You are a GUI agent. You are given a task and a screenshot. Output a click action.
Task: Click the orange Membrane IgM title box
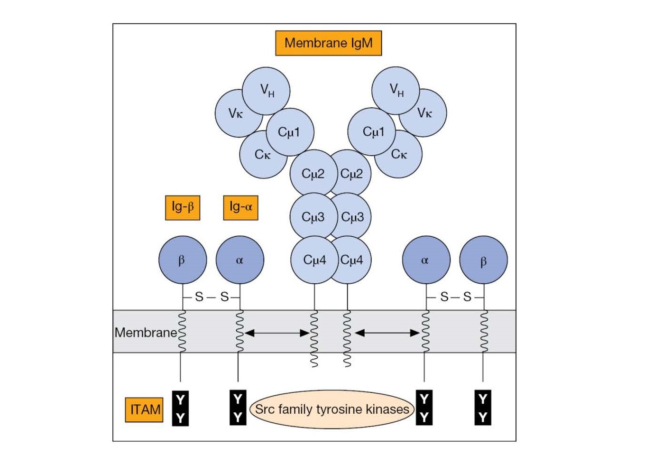pyautogui.click(x=328, y=43)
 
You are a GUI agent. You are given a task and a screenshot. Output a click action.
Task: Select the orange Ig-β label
pyautogui.click(x=183, y=207)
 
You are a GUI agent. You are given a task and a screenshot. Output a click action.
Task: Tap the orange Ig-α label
pyautogui.click(x=240, y=207)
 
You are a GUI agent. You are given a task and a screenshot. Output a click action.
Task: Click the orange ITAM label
pyautogui.click(x=144, y=409)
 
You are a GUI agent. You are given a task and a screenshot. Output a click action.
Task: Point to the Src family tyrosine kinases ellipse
pyautogui.click(x=331, y=409)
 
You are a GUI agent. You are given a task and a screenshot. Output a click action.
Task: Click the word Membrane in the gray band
pyautogui.click(x=145, y=332)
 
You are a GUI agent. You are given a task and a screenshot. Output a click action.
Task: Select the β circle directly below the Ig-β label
pyautogui.click(x=183, y=260)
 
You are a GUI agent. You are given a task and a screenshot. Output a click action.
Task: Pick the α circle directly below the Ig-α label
pyautogui.click(x=239, y=260)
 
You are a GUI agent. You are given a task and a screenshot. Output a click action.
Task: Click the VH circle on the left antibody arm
pyautogui.click(x=266, y=90)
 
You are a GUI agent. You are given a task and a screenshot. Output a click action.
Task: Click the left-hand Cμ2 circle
pyautogui.click(x=313, y=173)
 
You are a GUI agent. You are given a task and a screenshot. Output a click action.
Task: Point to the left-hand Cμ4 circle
pyautogui.click(x=313, y=260)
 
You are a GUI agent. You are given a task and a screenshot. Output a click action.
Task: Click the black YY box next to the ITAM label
pyautogui.click(x=180, y=409)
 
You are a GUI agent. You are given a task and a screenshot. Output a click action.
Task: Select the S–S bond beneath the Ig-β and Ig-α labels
pyautogui.click(x=212, y=297)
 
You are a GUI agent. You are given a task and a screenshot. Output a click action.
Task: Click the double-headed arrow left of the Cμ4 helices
pyautogui.click(x=277, y=333)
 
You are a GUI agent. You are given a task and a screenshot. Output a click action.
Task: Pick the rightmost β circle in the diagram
pyautogui.click(x=483, y=260)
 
